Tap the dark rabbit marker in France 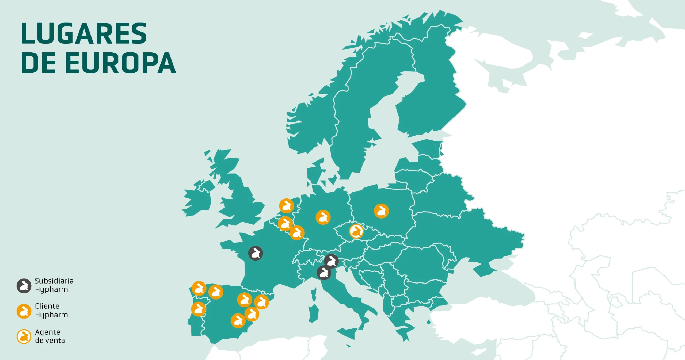click(256, 253)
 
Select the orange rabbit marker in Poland click(381, 211)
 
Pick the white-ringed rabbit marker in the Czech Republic click(356, 231)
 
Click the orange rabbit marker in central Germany click(323, 217)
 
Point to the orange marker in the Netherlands click(287, 206)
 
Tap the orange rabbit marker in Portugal click(199, 309)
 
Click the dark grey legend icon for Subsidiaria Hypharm click(24, 286)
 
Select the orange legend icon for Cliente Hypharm click(24, 311)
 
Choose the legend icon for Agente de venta click(24, 336)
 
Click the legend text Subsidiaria click(54, 281)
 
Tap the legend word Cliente click(47, 306)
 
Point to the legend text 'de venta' click(50, 340)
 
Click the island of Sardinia click(314, 313)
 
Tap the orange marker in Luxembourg click(297, 233)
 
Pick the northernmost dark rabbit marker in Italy click(332, 261)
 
